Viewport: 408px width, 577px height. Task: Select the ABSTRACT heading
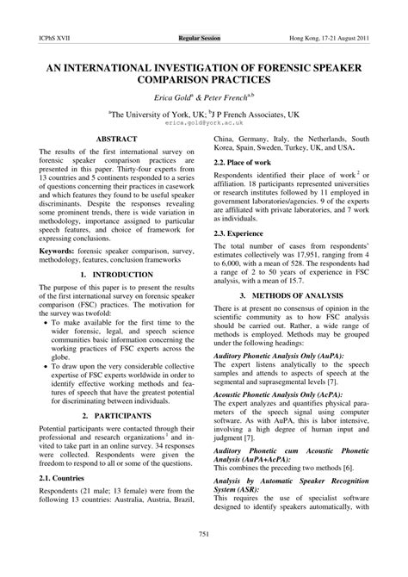119,138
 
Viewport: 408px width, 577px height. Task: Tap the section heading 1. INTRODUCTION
119,297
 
